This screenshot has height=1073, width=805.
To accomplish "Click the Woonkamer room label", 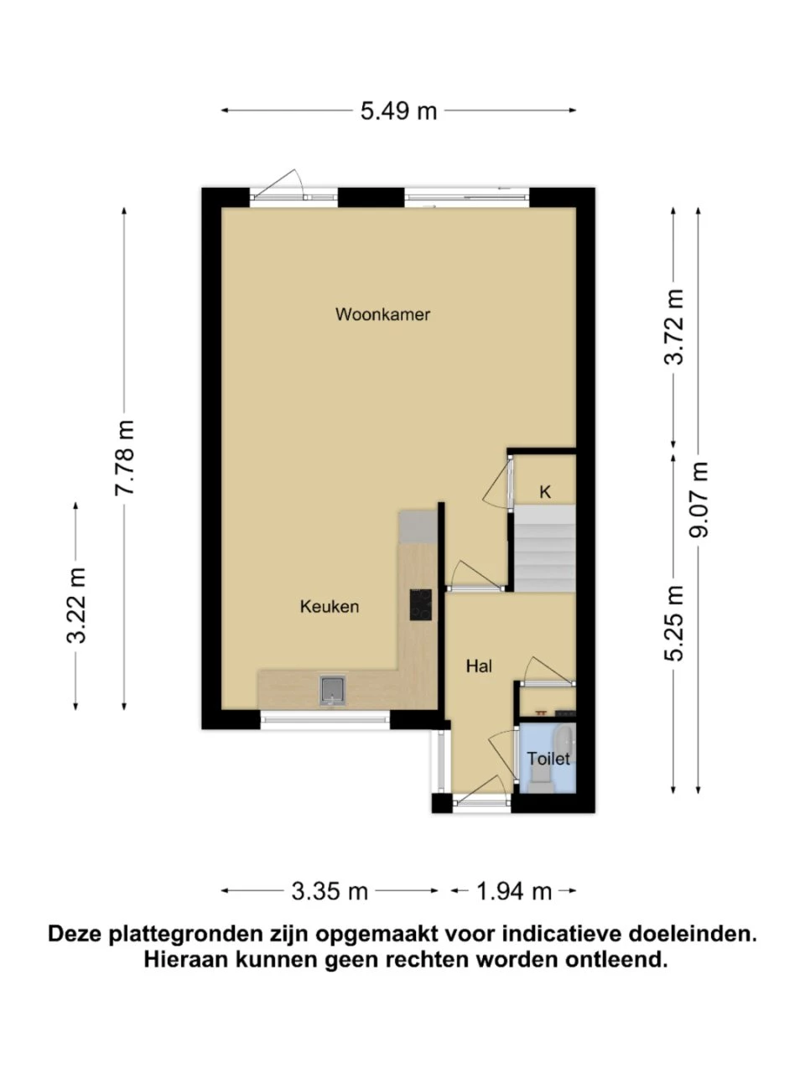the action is click(x=382, y=314).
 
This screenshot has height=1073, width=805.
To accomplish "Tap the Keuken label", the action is click(x=330, y=607).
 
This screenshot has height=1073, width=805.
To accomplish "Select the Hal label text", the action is click(x=479, y=666).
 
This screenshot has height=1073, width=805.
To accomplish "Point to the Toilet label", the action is click(x=548, y=759).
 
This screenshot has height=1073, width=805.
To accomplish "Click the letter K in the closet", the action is click(x=545, y=492).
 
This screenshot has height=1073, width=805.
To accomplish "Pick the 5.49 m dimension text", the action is click(x=399, y=111).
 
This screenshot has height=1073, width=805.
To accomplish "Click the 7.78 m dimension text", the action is click(x=124, y=459).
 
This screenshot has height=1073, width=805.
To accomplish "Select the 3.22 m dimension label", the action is click(x=76, y=606).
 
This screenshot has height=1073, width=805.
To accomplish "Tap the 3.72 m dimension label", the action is click(x=674, y=328).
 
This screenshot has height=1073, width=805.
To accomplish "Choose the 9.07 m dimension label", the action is click(x=699, y=500).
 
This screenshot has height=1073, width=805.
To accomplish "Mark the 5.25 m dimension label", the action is click(x=674, y=624).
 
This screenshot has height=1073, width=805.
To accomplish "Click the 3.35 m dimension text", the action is click(x=330, y=892).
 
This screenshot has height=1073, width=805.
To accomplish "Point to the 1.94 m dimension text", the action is click(x=514, y=892).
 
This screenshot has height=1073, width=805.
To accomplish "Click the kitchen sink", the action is click(x=333, y=691).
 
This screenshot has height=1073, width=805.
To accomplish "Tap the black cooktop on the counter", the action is click(x=420, y=604).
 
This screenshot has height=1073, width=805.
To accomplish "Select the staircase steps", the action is click(x=544, y=548).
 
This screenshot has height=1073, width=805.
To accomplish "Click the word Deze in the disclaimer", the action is click(x=75, y=934).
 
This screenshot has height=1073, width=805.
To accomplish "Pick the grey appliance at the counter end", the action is click(x=418, y=527).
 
